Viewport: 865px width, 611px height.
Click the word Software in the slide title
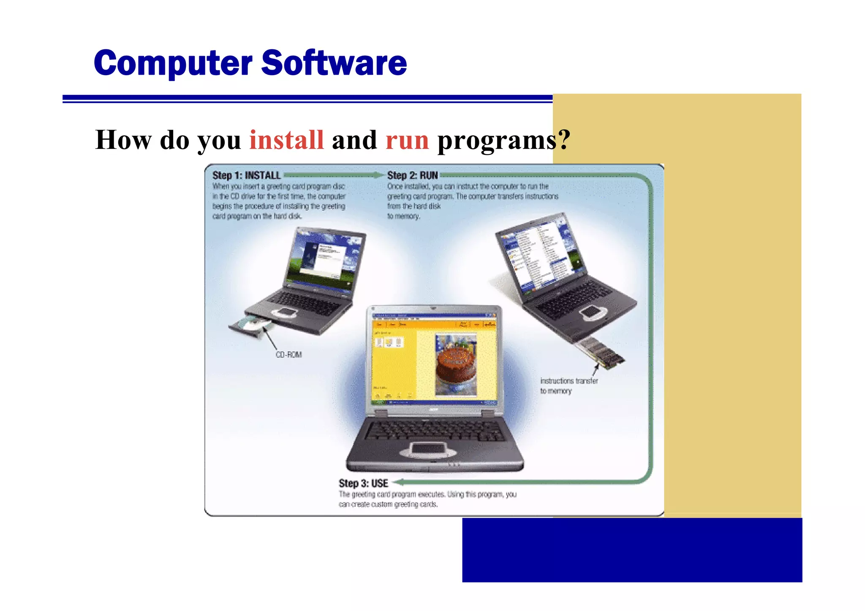coord(334,63)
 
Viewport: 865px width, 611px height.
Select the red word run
coord(407,141)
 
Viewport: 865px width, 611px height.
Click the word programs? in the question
coord(503,141)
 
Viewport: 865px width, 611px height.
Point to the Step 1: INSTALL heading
coord(246,176)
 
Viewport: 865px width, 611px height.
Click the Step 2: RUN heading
coord(412,176)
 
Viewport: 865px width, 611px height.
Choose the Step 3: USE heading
coord(363,484)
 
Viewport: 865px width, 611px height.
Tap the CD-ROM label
coord(288,355)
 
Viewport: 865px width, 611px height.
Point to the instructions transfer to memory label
coord(568,386)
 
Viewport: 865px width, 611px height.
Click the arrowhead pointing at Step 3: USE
coord(397,482)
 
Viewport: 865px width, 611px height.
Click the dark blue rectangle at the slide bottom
coord(632,550)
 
